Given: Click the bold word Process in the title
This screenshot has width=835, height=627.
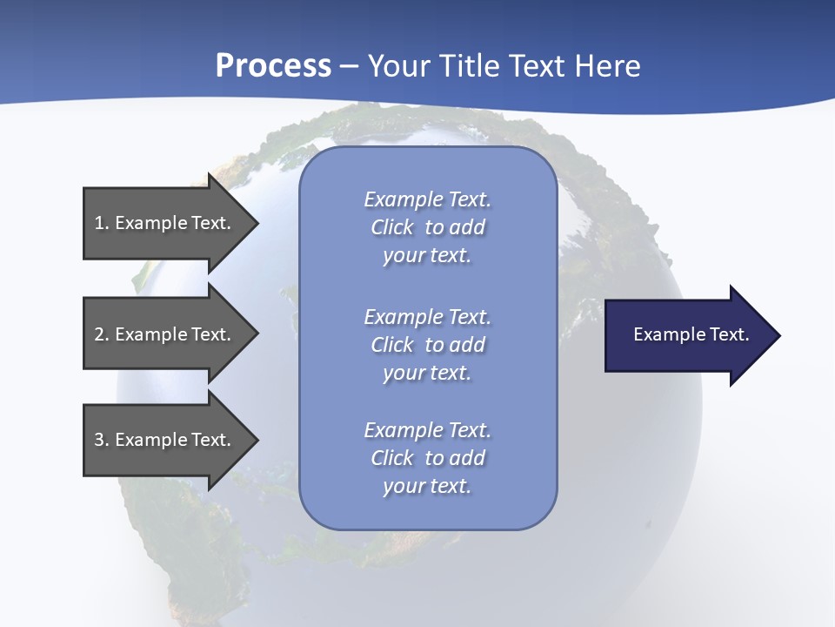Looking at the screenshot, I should point(273,65).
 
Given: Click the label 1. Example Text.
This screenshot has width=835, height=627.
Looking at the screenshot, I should point(162,223).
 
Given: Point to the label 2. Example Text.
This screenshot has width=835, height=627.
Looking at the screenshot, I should point(162,334).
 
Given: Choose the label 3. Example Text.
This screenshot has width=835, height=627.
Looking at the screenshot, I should point(162,440).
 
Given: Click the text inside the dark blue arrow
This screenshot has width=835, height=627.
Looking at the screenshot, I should point(691,334).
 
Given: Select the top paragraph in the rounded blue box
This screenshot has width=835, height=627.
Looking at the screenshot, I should point(427,227).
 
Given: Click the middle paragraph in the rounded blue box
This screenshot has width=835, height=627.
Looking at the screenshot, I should point(427,345).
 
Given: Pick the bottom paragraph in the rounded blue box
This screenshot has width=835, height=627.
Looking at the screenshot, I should point(427,458).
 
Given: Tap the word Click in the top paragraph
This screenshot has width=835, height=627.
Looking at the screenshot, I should point(391,227).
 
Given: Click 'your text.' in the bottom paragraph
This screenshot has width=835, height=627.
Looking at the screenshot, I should point(427,486).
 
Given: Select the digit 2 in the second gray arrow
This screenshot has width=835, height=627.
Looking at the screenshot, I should point(99,334).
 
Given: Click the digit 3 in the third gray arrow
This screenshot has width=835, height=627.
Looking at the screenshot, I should point(99,440).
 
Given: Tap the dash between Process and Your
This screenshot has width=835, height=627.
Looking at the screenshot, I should point(349,66).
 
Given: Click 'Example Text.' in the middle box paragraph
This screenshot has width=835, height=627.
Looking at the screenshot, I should point(427,317).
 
